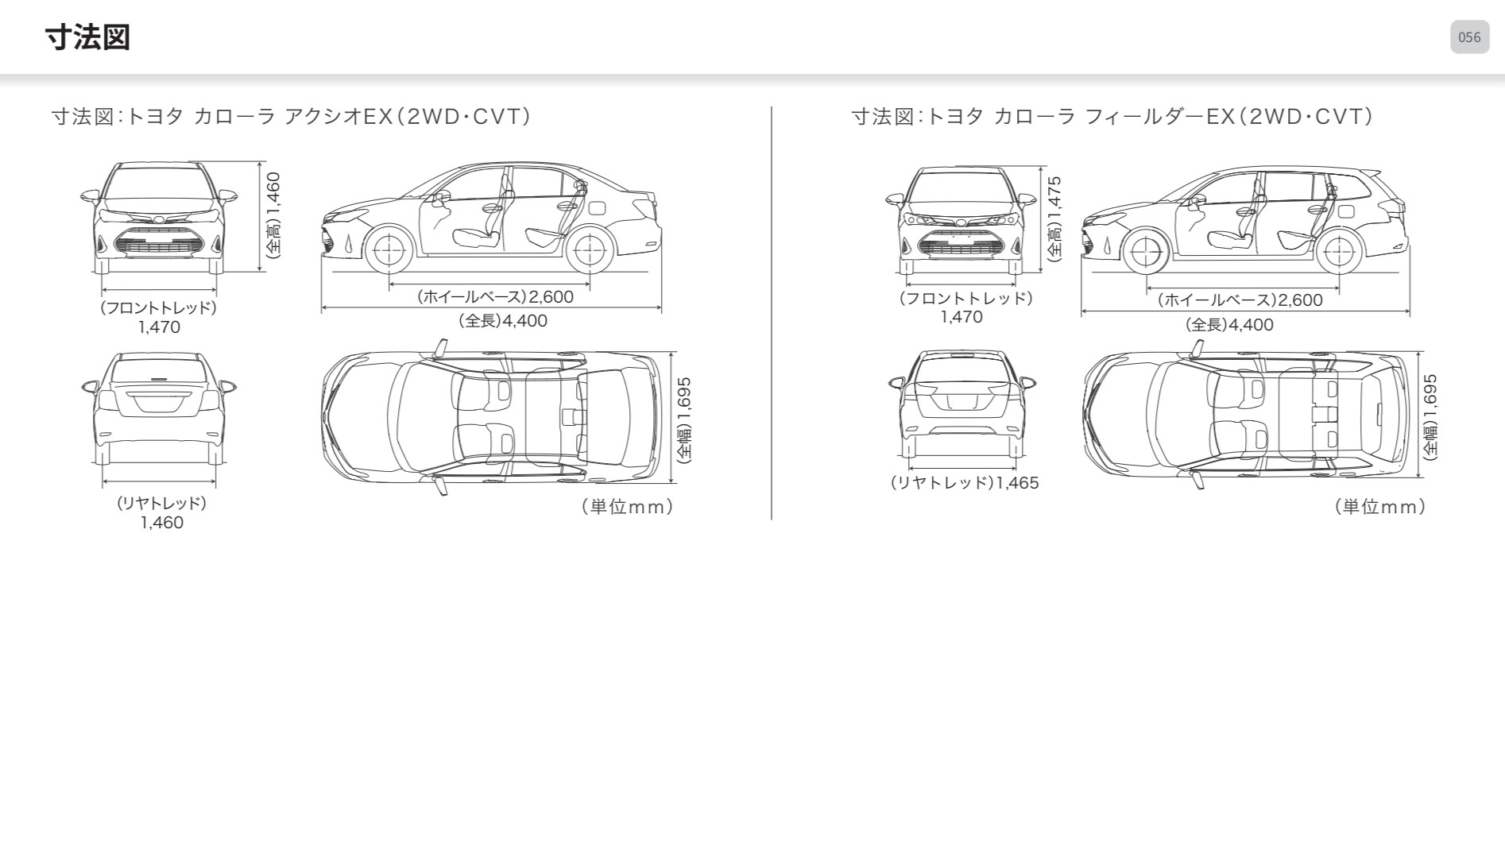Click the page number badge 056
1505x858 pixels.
pos(1469,37)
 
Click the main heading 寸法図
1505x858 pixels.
pos(87,37)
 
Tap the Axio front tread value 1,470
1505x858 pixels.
pos(159,327)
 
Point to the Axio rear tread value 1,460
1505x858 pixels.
pos(162,523)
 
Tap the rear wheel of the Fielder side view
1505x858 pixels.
pos(1339,253)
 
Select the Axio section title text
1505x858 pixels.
pos(291,117)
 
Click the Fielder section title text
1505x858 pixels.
pos(1112,117)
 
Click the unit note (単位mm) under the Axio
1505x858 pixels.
pos(627,507)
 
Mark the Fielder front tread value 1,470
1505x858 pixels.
pos(961,317)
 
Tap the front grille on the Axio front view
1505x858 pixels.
pos(158,242)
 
